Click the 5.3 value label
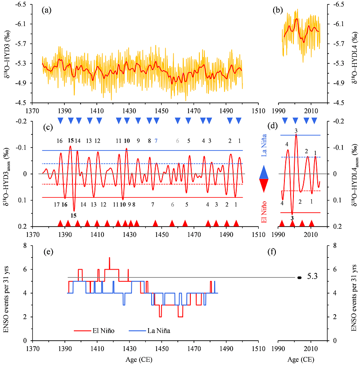312,277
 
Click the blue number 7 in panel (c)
156,141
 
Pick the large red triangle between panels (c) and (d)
265,184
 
